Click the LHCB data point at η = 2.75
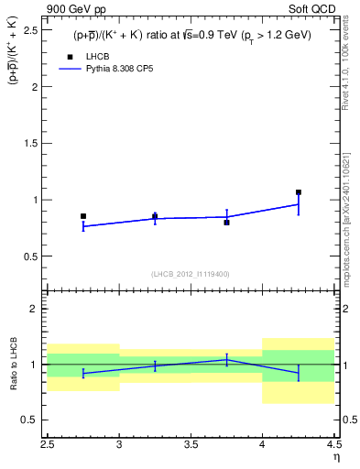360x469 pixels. pos(83,216)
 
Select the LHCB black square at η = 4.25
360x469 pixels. pos(299,192)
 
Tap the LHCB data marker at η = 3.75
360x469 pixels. pos(226,223)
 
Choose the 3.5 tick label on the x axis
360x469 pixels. pos(190,443)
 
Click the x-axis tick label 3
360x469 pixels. pos(119,443)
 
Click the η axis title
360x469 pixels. pos(335,456)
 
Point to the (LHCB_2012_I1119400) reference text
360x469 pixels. pos(191,274)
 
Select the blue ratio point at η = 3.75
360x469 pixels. pos(226,359)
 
